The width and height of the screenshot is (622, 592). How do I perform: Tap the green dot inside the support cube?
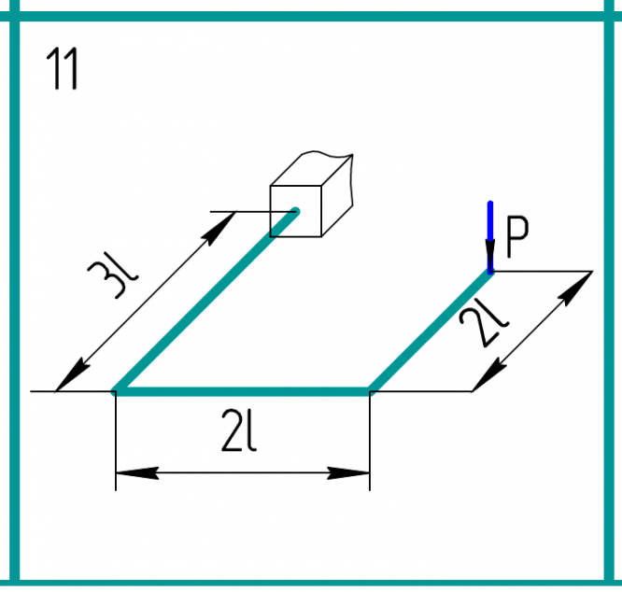[295, 211]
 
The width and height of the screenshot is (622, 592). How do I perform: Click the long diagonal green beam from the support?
[205, 301]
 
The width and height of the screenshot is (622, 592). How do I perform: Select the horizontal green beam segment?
[243, 392]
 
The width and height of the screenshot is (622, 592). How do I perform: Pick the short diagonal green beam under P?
[431, 331]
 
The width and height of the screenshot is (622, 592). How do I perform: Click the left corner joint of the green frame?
[116, 392]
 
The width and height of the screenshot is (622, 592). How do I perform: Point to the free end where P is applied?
[489, 271]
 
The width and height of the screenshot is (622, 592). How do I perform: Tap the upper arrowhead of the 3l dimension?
[219, 227]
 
